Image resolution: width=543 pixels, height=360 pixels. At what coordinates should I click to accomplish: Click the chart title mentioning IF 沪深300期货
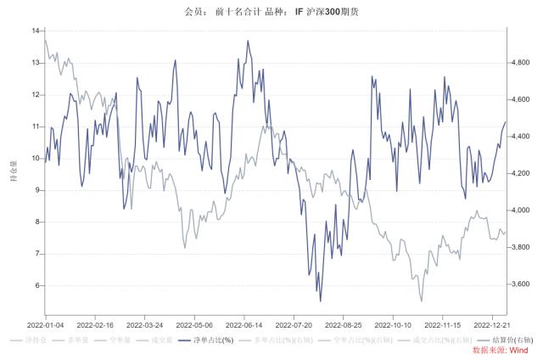(271, 12)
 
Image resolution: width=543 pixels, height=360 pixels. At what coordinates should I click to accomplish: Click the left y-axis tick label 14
(35, 31)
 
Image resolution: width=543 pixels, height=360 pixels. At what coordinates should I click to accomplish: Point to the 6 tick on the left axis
(36, 285)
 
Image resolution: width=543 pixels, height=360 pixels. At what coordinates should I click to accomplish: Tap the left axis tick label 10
(35, 158)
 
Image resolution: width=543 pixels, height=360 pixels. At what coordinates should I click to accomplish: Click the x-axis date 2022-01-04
(47, 324)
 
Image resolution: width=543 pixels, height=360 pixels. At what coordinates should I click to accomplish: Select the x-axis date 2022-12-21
(494, 324)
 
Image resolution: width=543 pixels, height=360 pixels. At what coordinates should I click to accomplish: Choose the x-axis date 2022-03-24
(146, 324)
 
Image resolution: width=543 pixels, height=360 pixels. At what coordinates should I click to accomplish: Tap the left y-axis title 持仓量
(12, 170)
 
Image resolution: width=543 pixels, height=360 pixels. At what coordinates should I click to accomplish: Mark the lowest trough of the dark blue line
(320, 301)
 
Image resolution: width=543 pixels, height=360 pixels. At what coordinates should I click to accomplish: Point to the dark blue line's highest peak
(248, 40)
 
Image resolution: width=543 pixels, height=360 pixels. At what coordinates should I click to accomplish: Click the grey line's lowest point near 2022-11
(421, 301)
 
